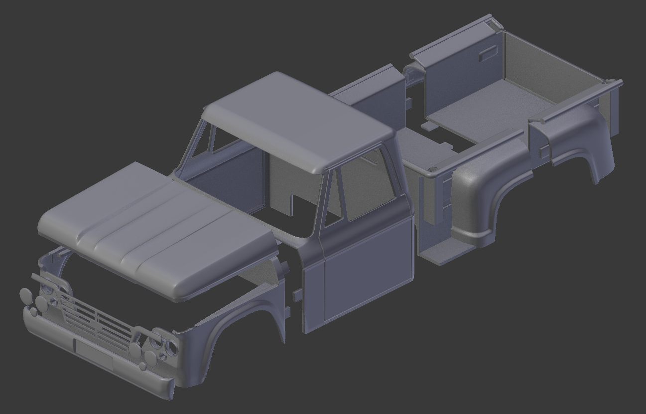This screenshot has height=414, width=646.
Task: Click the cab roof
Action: pyautogui.click(x=299, y=120)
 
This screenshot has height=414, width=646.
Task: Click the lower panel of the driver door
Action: pyautogui.click(x=366, y=272)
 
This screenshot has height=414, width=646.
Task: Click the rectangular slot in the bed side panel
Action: pyautogui.click(x=488, y=53)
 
